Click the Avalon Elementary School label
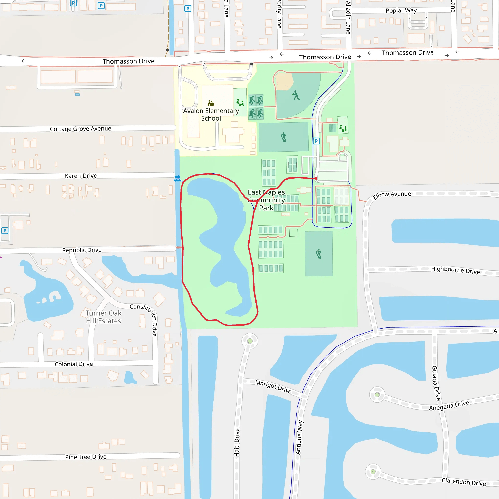[x=211, y=115]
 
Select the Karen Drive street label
[x=81, y=176]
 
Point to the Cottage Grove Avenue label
[x=81, y=129]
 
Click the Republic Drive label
[x=82, y=250]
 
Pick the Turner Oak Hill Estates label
[x=103, y=317]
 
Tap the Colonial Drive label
[x=74, y=364]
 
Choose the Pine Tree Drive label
[x=86, y=457]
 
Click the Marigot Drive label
[x=273, y=387]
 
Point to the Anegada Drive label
[x=449, y=405]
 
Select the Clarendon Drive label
[x=464, y=482]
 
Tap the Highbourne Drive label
[x=455, y=270]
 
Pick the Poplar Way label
[x=401, y=10]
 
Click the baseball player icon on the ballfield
[x=296, y=95]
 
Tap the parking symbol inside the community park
[x=316, y=141]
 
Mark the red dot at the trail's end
[x=316, y=178]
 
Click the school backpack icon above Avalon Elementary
[x=211, y=104]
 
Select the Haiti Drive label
[x=237, y=442]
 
